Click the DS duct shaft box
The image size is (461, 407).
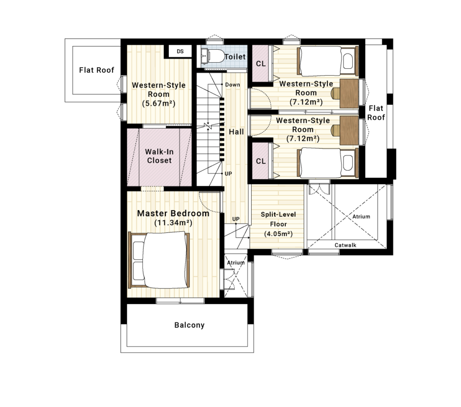(180, 52)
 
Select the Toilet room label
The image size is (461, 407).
(235, 57)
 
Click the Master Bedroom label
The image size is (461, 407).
(173, 213)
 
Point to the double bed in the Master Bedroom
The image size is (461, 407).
(159, 260)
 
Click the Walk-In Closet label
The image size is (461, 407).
(160, 156)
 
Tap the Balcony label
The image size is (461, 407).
(189, 325)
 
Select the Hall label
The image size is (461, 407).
(236, 132)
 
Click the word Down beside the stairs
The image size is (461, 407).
(232, 85)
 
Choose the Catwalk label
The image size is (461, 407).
(345, 245)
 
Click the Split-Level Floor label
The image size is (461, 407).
(278, 219)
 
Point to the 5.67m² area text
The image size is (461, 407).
(159, 103)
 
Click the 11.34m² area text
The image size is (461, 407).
(173, 223)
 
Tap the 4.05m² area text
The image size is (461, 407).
(278, 234)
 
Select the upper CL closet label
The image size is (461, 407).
(261, 64)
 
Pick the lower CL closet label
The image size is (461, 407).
(261, 161)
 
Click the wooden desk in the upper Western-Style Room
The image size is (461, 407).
(349, 94)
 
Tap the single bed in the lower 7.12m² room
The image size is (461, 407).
(328, 163)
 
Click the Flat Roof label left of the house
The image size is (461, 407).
(96, 70)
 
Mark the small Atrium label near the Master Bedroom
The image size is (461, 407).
(236, 263)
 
